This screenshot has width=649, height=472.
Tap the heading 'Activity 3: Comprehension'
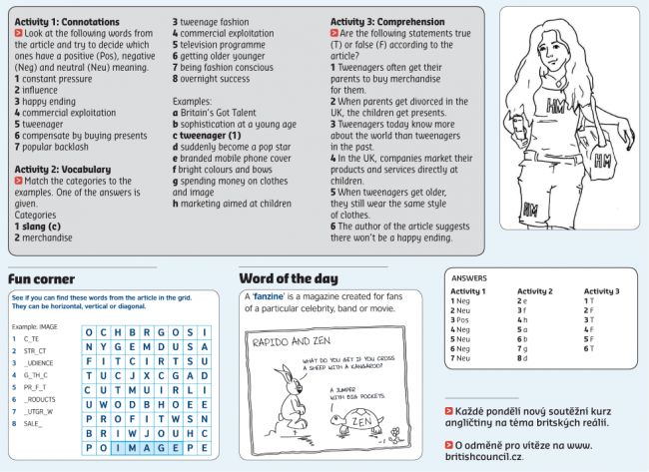pyautogui.click(x=393, y=21)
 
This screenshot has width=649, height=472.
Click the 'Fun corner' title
pyautogui.click(x=41, y=278)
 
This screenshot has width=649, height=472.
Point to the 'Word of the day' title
pyautogui.click(x=288, y=278)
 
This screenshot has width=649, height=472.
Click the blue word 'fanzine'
pyautogui.click(x=268, y=298)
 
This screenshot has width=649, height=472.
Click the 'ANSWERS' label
pyautogui.click(x=469, y=278)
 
